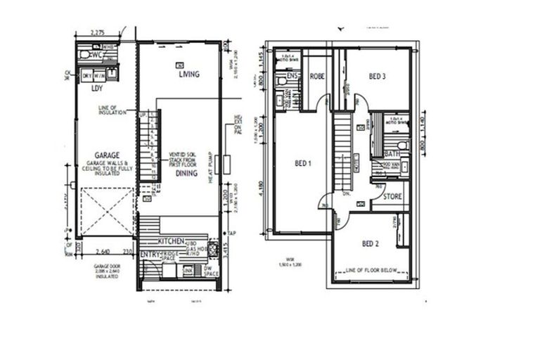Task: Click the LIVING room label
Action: click(x=188, y=75)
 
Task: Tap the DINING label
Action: click(x=186, y=172)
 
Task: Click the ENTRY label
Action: click(x=150, y=254)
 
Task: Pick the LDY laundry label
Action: click(x=97, y=89)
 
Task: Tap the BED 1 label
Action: click(x=302, y=163)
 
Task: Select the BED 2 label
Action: click(x=371, y=243)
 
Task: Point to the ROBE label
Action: click(x=318, y=76)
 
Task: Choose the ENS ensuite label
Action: click(x=292, y=75)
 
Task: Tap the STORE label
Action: click(x=392, y=197)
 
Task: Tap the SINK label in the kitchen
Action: click(x=188, y=269)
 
